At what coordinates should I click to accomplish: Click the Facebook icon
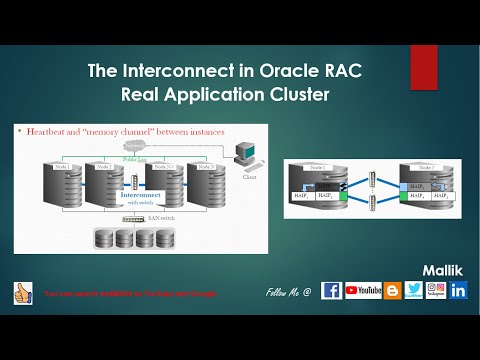tap(331, 291)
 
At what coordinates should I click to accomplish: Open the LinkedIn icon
tap(459, 291)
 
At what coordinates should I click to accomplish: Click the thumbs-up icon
tap(22, 292)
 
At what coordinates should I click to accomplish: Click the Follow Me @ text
tap(289, 292)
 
